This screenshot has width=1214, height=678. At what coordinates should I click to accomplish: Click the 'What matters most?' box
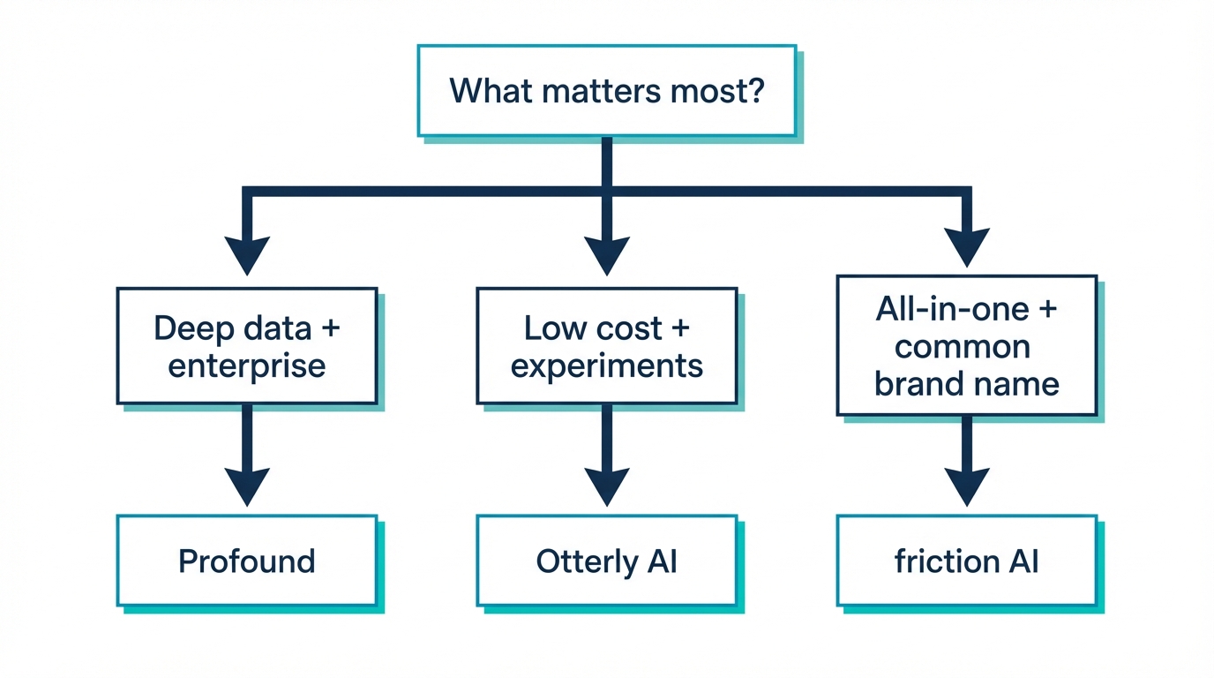[x=606, y=91]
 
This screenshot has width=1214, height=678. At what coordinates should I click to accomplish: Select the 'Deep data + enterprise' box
[x=247, y=345]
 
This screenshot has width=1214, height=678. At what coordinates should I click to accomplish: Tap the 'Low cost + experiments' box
[x=607, y=345]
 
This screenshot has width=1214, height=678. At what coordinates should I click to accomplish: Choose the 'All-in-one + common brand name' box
[x=966, y=345]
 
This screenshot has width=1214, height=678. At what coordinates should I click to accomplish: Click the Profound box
[x=247, y=561]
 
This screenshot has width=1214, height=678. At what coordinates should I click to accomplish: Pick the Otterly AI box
[x=607, y=561]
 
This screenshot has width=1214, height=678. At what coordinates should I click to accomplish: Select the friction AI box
[x=966, y=561]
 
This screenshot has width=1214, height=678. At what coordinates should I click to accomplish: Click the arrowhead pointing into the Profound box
[x=247, y=486]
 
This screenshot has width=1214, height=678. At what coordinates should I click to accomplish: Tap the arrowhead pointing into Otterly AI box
[x=607, y=486]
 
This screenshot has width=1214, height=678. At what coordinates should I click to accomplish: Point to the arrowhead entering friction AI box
[x=967, y=486]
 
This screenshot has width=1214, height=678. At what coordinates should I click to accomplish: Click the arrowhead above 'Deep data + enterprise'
[x=247, y=255]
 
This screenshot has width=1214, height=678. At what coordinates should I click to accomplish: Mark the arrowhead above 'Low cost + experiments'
[x=607, y=255]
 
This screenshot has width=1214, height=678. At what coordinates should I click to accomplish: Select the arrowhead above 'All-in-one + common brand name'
[x=967, y=246]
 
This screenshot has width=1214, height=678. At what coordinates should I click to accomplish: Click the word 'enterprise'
[x=247, y=365]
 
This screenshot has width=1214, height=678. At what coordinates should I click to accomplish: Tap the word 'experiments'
[x=607, y=365]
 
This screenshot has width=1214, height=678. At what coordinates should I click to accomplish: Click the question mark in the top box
[x=753, y=91]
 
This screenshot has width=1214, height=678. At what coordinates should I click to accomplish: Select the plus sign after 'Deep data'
[x=330, y=328]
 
